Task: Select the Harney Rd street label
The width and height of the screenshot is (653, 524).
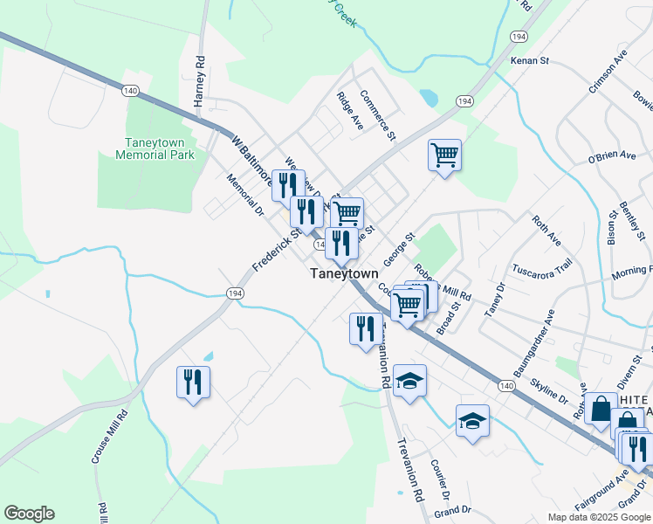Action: (x=199, y=83)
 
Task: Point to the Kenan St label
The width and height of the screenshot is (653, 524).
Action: (x=530, y=61)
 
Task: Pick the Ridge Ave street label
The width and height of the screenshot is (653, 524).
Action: (x=349, y=111)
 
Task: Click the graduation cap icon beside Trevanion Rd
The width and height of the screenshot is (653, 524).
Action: (x=409, y=381)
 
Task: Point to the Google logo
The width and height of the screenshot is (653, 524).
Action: (x=29, y=514)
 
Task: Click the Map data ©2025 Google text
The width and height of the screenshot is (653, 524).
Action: (x=598, y=517)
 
